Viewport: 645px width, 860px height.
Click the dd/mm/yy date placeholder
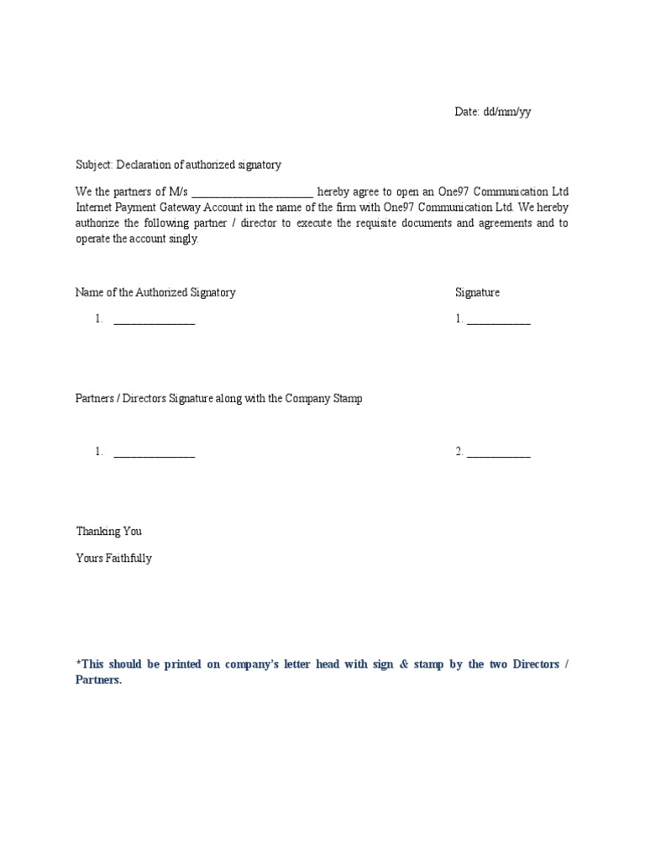tap(506, 113)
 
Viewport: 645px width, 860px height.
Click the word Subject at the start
tap(94, 165)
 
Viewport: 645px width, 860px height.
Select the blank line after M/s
tap(252, 192)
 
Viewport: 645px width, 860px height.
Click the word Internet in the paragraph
tap(95, 207)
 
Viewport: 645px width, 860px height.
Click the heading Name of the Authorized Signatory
tap(155, 292)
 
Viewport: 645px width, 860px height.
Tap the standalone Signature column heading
tap(477, 292)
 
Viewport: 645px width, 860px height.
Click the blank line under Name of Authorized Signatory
tap(155, 321)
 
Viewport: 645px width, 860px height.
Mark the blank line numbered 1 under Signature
tap(499, 321)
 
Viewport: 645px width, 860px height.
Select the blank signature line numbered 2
tap(499, 454)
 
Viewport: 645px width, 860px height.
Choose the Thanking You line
tap(109, 531)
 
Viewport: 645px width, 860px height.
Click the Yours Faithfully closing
tap(114, 558)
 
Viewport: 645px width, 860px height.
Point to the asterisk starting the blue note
tap(78, 663)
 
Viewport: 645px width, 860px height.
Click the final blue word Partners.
tap(98, 680)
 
